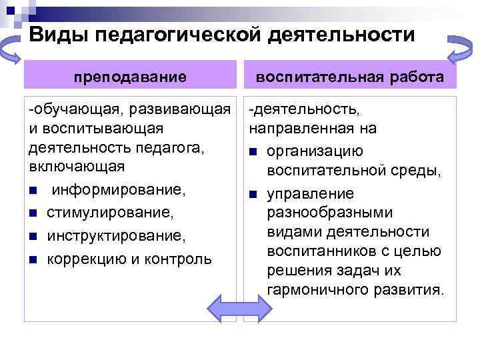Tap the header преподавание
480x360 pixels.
point(130,77)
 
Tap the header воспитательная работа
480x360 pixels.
point(351,77)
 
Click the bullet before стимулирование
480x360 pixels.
point(33,214)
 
